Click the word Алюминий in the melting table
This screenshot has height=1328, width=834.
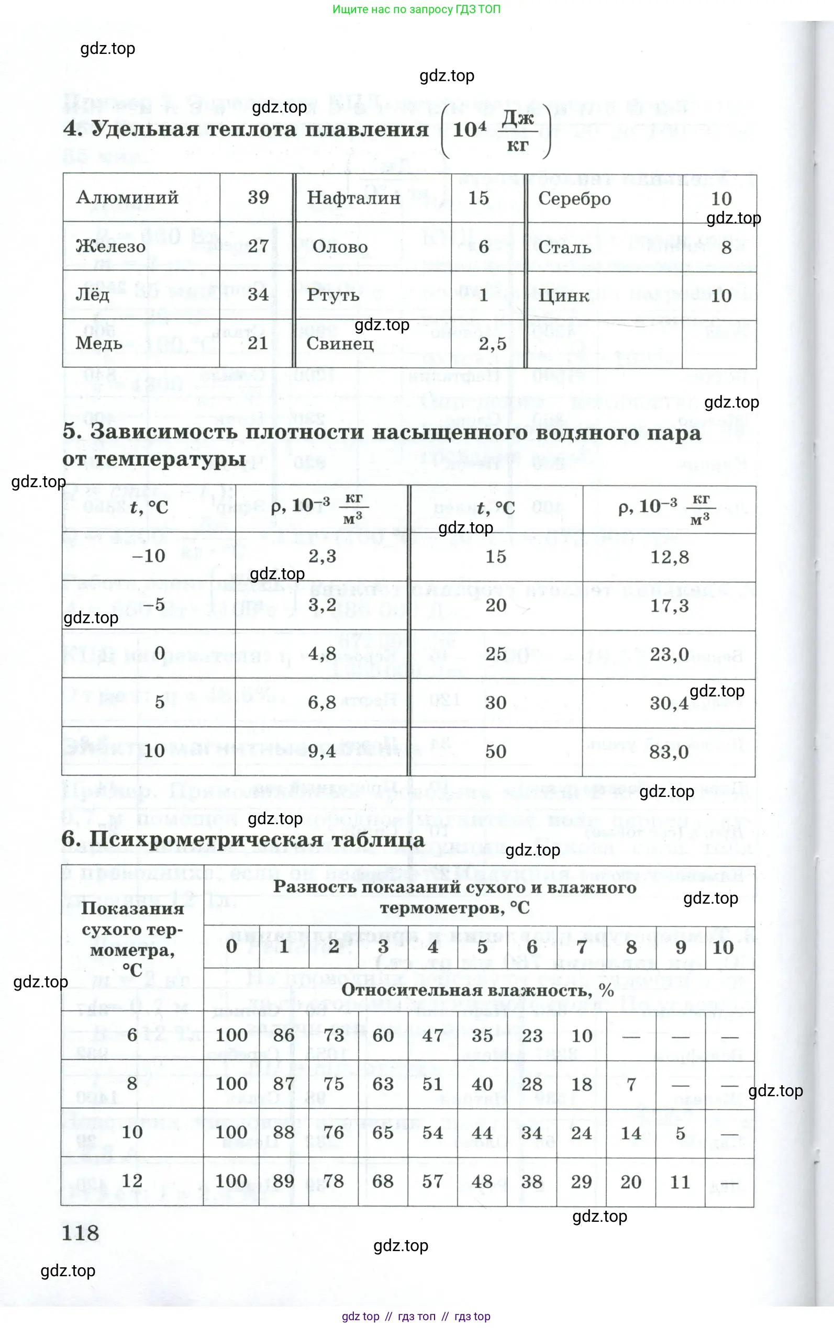(x=127, y=197)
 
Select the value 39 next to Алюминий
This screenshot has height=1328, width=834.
(x=258, y=197)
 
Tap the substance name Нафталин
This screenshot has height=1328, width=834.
(x=353, y=198)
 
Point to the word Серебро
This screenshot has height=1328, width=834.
(x=574, y=198)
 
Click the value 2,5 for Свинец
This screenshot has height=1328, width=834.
(x=492, y=344)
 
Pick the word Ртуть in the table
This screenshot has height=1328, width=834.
(x=332, y=295)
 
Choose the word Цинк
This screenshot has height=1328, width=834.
(x=563, y=296)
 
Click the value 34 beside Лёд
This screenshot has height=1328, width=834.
(x=258, y=295)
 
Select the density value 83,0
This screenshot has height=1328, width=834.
(x=669, y=752)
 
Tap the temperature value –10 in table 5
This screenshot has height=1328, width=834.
(x=149, y=556)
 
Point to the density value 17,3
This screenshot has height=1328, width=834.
(x=669, y=606)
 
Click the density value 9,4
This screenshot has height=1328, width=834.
(x=321, y=751)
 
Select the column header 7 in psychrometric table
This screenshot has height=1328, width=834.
(x=581, y=947)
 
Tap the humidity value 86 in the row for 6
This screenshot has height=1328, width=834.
(x=284, y=1036)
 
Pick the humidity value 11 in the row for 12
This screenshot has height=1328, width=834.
(x=680, y=1182)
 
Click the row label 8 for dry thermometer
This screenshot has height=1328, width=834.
(x=132, y=1083)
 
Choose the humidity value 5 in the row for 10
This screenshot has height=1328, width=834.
(x=680, y=1133)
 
